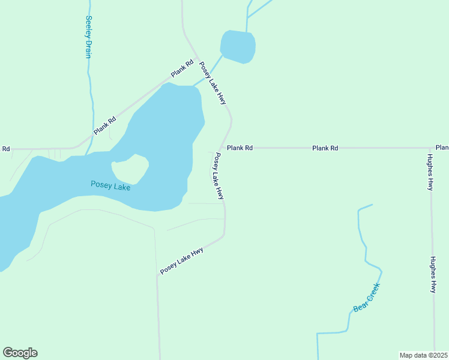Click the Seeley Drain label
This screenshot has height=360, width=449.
pos(89,37)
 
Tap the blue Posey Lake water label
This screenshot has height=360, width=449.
pos(110,185)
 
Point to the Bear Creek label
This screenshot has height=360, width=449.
pos(367,298)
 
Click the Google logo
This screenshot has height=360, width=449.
pos(20,353)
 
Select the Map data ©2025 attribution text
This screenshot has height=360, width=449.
pos(424,355)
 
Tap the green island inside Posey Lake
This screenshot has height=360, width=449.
pos(130,169)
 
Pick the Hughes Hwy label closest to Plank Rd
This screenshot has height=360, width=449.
pos(430,173)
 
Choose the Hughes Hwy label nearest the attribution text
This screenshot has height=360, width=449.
pos(433,275)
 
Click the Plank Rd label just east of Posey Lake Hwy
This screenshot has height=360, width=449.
pos(240,148)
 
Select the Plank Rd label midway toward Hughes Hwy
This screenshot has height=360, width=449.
pos(325,148)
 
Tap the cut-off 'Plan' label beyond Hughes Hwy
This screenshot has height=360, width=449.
pos(442,148)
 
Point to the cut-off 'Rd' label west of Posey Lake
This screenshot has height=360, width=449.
pos(5,149)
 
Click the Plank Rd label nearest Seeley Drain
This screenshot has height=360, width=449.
pos(104,126)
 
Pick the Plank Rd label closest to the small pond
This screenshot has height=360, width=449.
pos(182,68)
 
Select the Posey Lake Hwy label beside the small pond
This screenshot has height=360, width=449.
pos(212,83)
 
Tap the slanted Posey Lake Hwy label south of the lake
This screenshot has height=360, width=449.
pos(182,261)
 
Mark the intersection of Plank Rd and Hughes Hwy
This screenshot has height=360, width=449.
pos(431,148)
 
